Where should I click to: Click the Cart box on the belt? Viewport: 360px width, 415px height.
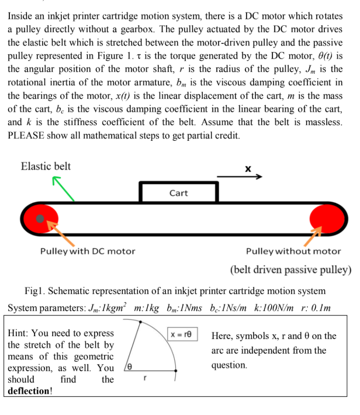[178, 192]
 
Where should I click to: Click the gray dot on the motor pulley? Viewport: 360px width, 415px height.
[39, 219]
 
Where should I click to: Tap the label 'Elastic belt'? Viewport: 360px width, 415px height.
[46, 166]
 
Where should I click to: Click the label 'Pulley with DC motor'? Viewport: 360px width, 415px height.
[87, 251]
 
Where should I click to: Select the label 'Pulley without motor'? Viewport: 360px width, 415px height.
[293, 251]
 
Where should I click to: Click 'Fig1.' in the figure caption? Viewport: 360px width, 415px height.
[36, 291]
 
